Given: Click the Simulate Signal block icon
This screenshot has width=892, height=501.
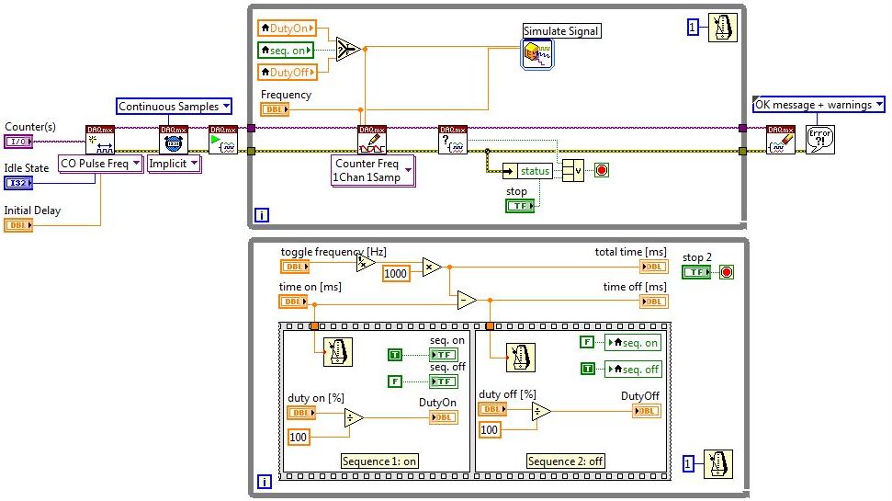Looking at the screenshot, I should [x=537, y=54].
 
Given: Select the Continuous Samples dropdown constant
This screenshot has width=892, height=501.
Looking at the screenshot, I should [x=175, y=107].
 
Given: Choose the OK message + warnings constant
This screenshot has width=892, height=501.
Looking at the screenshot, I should [x=819, y=105].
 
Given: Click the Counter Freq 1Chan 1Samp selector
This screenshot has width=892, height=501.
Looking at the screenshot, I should [x=372, y=171].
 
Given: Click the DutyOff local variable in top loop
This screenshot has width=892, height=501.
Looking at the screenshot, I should [x=287, y=71].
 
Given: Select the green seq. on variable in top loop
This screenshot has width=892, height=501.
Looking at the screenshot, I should [x=286, y=50].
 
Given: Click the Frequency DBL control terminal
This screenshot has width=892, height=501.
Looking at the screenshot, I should [x=275, y=109].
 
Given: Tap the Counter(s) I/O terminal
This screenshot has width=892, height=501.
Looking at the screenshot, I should [x=17, y=141].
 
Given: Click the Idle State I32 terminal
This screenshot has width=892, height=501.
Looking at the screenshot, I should [x=17, y=183].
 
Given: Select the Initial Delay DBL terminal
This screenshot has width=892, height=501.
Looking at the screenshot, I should [x=17, y=225].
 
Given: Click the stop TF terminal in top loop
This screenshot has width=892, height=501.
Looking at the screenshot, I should [x=520, y=206].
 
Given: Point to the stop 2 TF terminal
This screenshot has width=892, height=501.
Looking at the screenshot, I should [x=695, y=272].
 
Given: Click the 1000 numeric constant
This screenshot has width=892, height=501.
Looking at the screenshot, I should [x=395, y=274].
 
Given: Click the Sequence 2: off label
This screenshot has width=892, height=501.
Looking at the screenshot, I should [x=565, y=461].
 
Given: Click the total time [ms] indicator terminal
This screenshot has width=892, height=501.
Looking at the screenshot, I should [x=654, y=267].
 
